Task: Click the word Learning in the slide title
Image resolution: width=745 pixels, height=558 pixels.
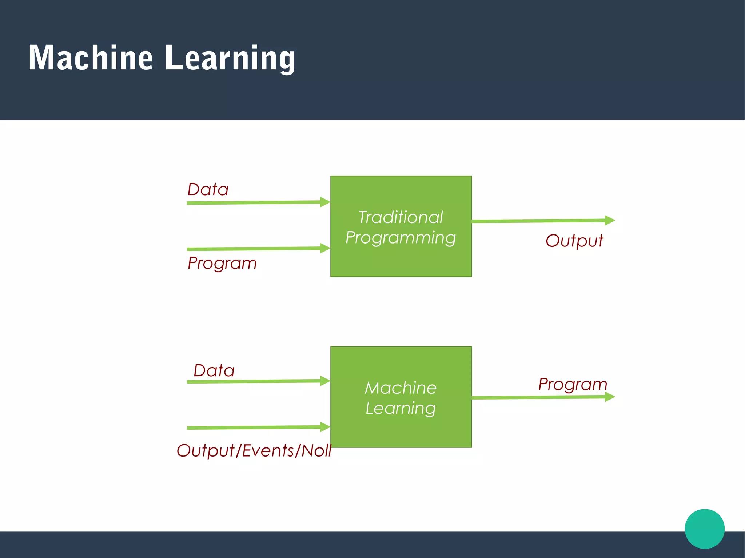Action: (x=230, y=58)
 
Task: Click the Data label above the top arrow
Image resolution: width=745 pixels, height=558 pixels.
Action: (x=208, y=190)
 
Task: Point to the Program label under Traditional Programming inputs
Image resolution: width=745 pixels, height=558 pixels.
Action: (x=222, y=263)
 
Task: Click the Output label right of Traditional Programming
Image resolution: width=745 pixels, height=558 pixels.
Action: (x=574, y=241)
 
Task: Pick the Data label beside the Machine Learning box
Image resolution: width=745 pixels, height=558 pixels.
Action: (x=214, y=371)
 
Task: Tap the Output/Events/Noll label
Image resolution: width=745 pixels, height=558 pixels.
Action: (x=254, y=451)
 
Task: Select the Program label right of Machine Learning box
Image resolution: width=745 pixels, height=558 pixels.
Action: (x=573, y=384)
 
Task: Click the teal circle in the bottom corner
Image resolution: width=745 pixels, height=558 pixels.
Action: (x=704, y=529)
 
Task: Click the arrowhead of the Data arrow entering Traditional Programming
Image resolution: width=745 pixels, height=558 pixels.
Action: (x=325, y=202)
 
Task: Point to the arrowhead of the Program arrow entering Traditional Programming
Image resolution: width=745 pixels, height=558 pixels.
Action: (x=325, y=248)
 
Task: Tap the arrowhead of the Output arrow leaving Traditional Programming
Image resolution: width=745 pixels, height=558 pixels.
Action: (x=609, y=220)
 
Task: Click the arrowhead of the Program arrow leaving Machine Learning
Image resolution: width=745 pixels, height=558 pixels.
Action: (x=609, y=397)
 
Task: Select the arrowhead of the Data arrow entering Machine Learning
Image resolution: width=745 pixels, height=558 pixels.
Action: (x=325, y=381)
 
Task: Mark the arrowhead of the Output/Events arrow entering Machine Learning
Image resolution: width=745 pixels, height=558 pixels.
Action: (x=325, y=427)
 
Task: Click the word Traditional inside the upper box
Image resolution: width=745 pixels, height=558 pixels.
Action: (x=401, y=217)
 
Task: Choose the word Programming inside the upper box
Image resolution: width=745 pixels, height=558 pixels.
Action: (x=401, y=238)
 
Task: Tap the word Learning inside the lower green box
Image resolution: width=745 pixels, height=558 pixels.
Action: (x=401, y=409)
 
